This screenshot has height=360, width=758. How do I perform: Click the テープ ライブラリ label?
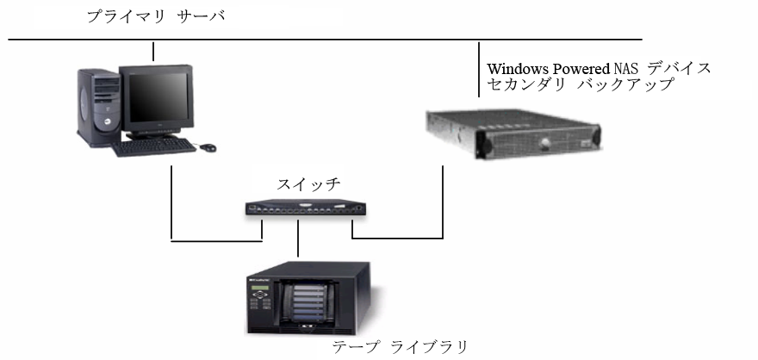point(400,347)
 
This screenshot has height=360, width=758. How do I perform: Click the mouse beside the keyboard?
point(208,148)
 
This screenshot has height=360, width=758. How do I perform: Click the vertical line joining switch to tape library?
point(298,239)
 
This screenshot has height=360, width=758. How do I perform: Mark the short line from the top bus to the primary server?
point(153,51)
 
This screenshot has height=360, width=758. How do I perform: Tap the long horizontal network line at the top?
point(345,40)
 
